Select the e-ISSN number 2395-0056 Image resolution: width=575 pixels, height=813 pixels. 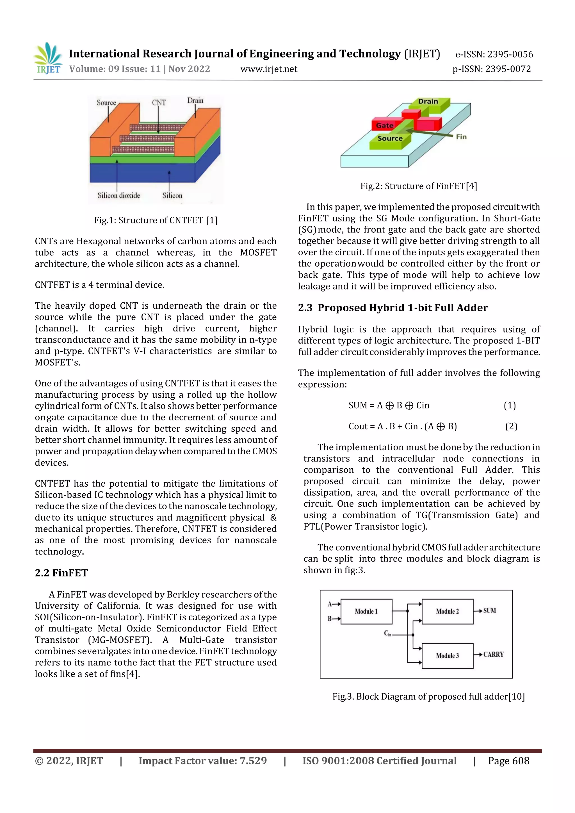[510, 54]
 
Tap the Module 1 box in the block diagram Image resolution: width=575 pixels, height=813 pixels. [366, 611]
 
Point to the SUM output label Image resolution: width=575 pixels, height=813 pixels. [490, 610]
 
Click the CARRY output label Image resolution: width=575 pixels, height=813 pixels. [493, 654]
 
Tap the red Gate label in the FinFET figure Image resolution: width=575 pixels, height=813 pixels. [384, 125]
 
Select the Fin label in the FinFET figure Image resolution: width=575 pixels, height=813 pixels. [461, 137]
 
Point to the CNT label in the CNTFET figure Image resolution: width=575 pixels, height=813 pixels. [159, 103]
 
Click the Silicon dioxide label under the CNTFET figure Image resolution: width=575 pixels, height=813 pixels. [119, 195]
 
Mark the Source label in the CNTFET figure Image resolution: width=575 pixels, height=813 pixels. [106, 103]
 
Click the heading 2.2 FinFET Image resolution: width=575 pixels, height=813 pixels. [61, 572]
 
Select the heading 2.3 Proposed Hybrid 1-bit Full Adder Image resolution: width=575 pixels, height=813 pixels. [393, 308]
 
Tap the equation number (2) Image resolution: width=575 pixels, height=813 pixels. [511, 426]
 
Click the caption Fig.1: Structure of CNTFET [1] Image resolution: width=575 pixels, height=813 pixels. [156, 220]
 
